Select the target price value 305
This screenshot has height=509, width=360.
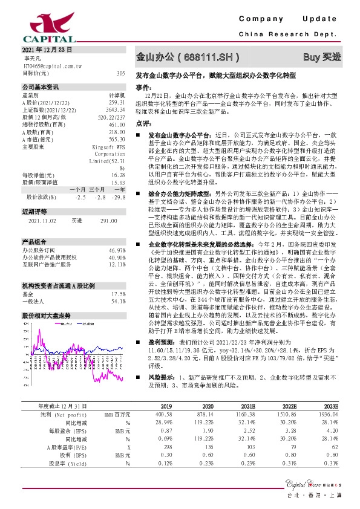[x=120, y=73]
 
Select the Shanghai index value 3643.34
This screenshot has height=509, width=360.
[x=116, y=109]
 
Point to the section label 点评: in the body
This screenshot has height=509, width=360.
[x=143, y=123]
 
